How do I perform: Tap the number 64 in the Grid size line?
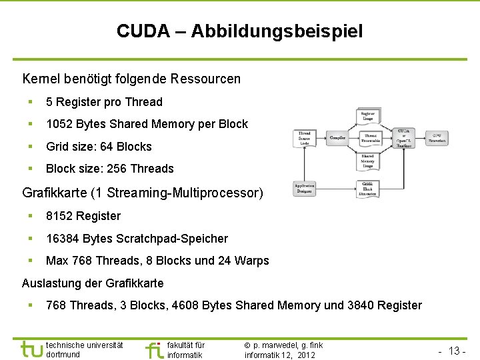[x=106, y=147]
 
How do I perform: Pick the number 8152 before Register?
[x=59, y=216]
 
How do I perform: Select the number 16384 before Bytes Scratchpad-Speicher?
[x=63, y=239]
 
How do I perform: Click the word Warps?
[x=253, y=261]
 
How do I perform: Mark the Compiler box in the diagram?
[x=337, y=138]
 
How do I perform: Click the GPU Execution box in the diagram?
[x=437, y=137]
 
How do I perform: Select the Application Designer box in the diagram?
[x=305, y=188]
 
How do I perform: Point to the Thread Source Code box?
[x=305, y=138]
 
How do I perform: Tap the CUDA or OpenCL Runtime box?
[x=403, y=137]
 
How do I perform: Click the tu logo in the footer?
[x=31, y=349]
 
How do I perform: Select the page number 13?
[x=455, y=351]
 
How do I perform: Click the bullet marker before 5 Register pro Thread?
[x=30, y=102]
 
